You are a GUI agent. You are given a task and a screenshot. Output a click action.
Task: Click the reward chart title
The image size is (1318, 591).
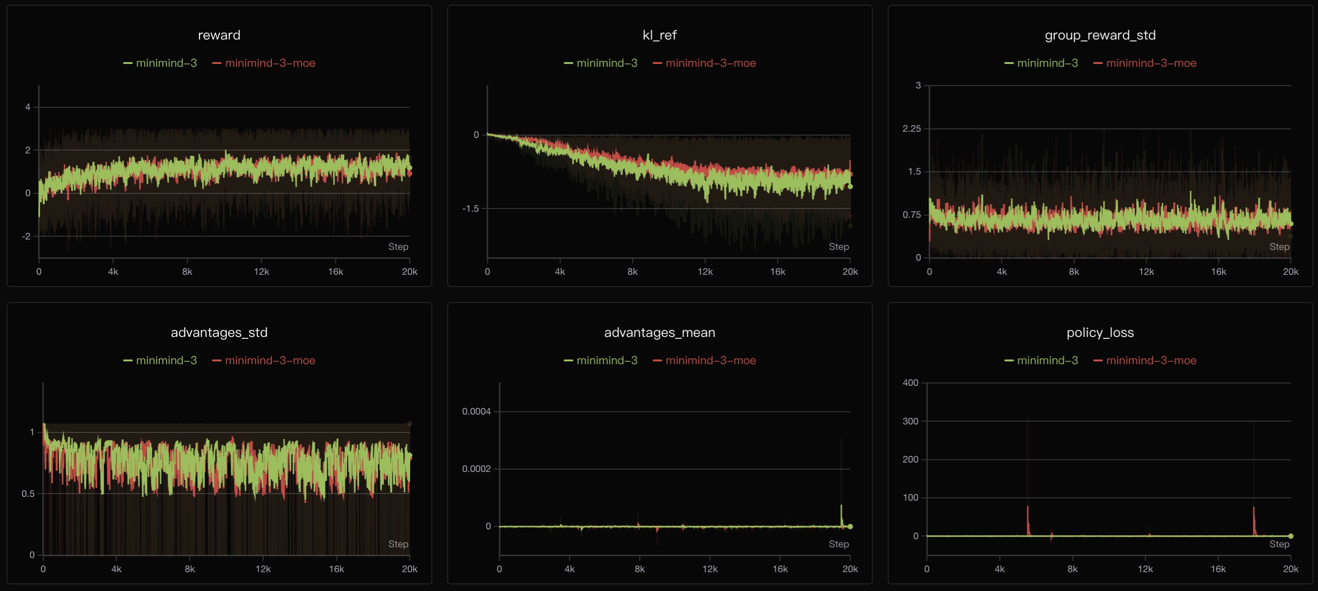coord(219,35)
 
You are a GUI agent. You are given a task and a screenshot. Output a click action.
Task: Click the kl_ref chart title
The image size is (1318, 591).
coord(659,35)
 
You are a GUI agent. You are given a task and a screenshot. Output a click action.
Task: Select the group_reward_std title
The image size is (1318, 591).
coord(1100,35)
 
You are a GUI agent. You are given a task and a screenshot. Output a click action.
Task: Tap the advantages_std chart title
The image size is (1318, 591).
coord(219,333)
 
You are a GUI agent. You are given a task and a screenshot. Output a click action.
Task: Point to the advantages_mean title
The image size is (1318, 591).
coord(659,333)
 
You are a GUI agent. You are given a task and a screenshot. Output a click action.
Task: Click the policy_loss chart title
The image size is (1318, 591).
coord(1100,333)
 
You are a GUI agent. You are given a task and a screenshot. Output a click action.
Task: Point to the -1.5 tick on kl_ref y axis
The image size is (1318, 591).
coord(470,208)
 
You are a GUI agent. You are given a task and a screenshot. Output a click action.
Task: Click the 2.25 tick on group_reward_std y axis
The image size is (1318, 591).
coord(911,128)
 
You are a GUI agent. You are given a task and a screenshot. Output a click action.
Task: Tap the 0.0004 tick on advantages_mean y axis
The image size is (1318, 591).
coord(476,411)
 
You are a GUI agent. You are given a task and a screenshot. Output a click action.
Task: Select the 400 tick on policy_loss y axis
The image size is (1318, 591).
coord(910,383)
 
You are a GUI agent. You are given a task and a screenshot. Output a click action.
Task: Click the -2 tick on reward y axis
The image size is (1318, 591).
coord(25,236)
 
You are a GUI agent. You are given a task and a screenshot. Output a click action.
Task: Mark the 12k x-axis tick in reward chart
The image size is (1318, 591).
coord(262,272)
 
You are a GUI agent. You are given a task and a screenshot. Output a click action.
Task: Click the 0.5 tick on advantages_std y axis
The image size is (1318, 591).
coord(28,494)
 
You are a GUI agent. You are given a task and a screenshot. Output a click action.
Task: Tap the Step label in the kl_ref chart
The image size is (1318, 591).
coord(839,247)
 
